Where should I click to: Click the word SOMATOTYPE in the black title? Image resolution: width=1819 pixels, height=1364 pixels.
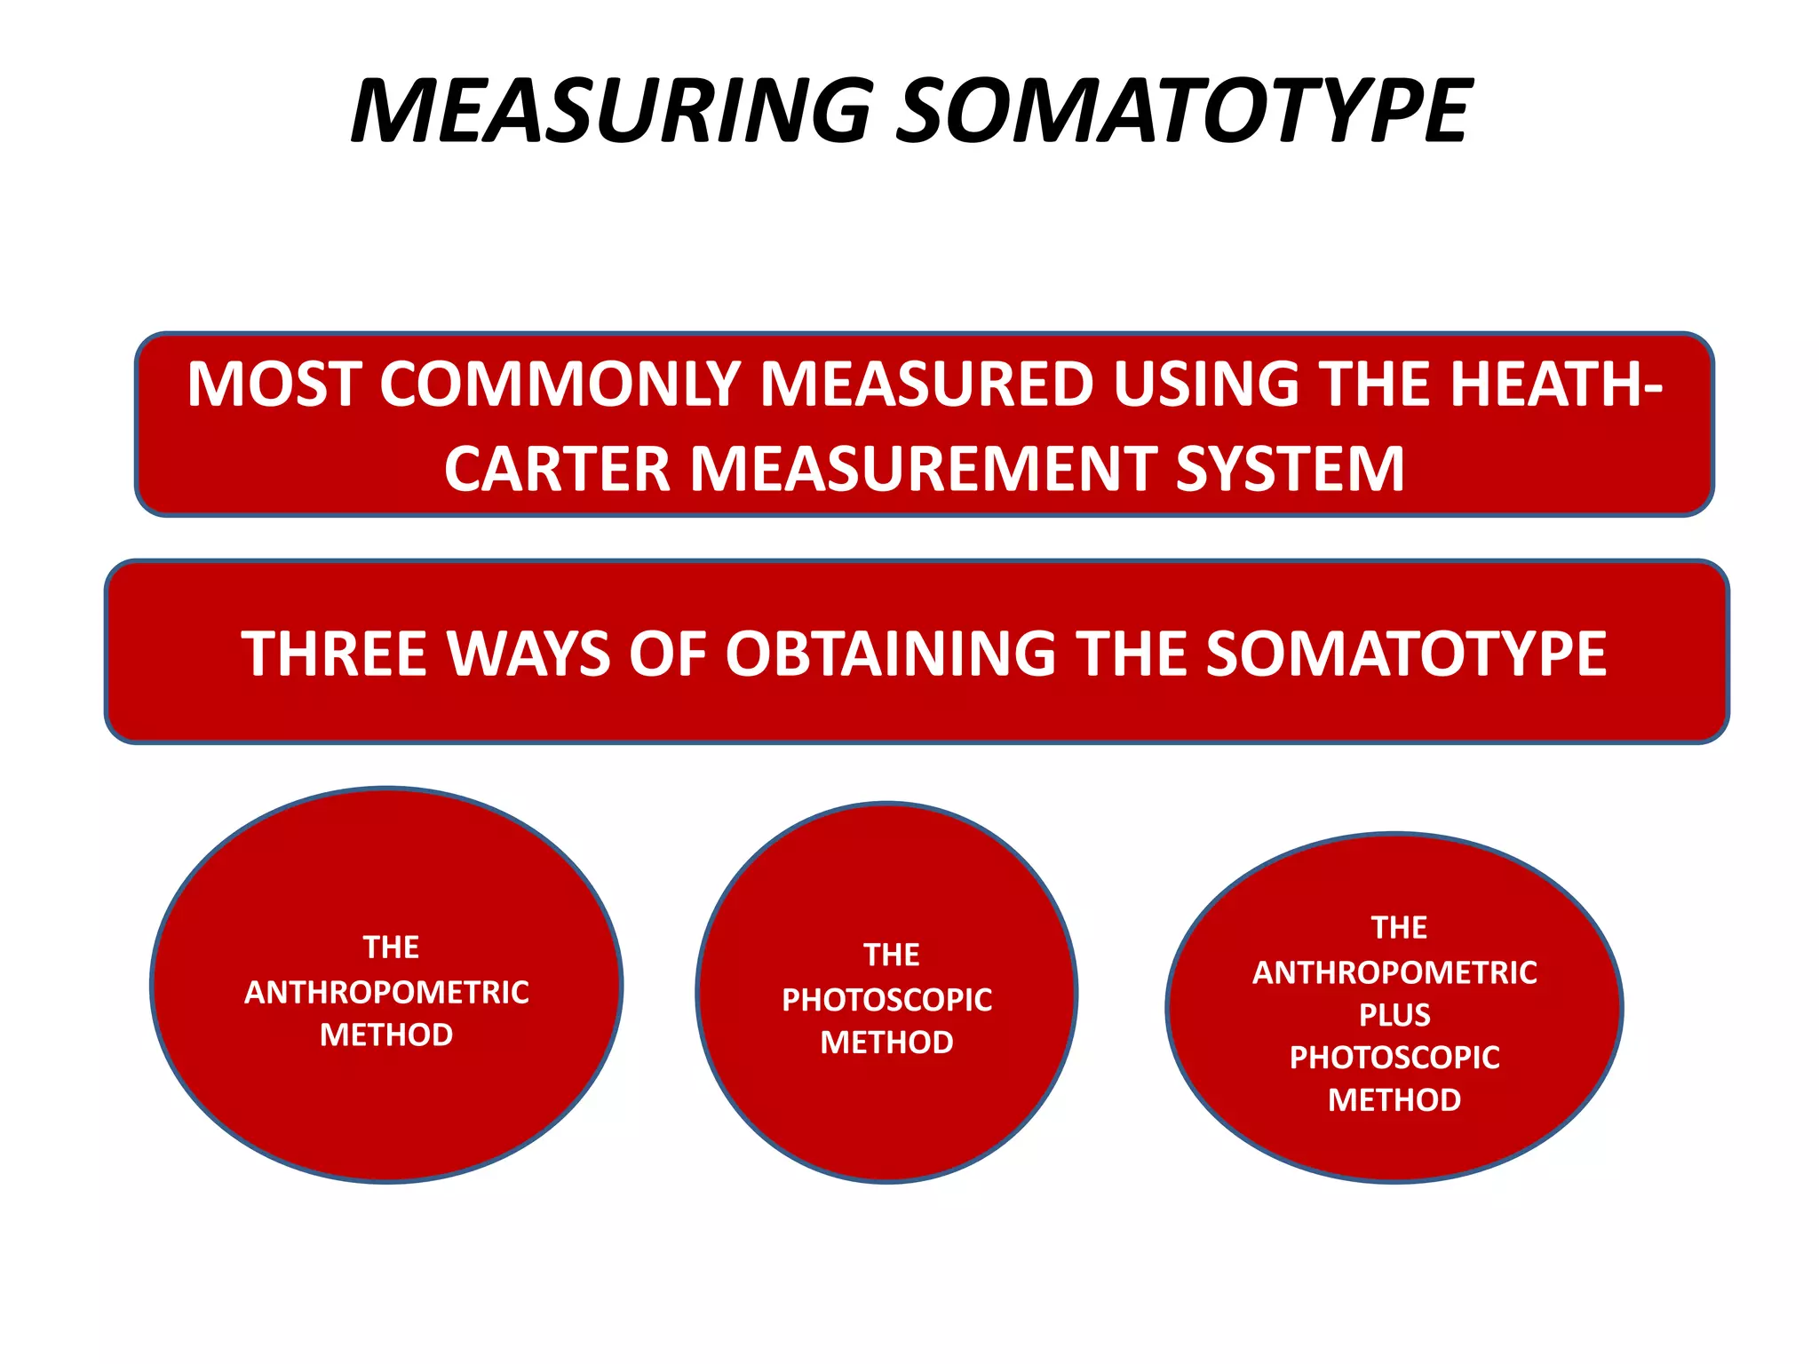(1183, 111)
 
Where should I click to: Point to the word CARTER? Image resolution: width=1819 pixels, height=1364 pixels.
(556, 469)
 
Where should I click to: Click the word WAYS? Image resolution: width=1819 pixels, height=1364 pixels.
(528, 654)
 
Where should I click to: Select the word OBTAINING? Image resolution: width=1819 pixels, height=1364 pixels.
(890, 654)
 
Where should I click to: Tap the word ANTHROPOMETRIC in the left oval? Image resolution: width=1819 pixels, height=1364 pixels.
(386, 993)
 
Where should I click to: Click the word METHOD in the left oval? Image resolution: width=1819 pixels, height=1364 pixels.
(386, 1035)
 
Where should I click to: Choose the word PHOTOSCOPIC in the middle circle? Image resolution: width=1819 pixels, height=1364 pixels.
(886, 1001)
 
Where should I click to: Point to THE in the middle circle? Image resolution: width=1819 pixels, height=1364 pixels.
(891, 956)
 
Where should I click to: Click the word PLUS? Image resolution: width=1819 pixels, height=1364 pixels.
(1394, 1015)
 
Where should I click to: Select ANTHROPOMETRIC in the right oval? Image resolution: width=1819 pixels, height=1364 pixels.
(1394, 973)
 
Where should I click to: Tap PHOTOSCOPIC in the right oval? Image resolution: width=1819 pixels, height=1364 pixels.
(1394, 1058)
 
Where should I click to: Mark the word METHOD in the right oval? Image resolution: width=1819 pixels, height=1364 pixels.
(1394, 1100)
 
